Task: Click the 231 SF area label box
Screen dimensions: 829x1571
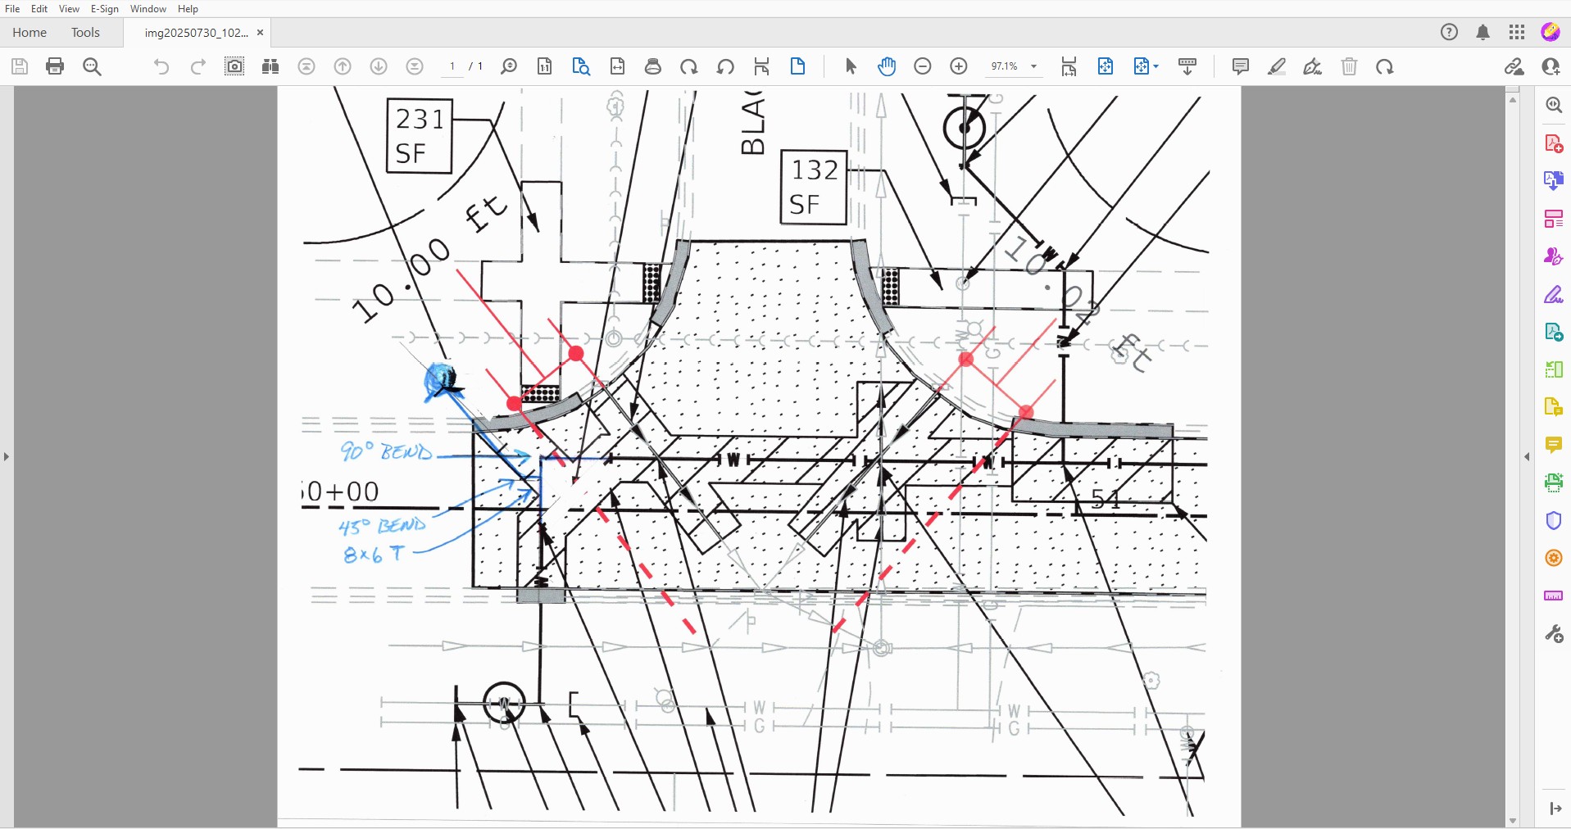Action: (419, 136)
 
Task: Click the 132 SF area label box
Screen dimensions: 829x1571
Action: (813, 187)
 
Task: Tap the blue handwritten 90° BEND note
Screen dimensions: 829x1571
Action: (386, 451)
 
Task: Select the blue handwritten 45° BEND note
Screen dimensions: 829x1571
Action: (383, 525)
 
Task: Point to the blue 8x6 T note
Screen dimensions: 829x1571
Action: (375, 555)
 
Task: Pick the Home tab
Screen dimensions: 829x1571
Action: (30, 33)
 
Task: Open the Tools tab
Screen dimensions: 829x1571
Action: (85, 33)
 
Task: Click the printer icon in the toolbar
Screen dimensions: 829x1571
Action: (55, 66)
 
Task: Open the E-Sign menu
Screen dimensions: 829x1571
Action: (104, 9)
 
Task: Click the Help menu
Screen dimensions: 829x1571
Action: (188, 9)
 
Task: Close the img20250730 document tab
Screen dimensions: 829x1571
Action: (261, 33)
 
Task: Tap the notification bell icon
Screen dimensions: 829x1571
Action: (1482, 33)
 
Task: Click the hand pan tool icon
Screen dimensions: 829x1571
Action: (886, 66)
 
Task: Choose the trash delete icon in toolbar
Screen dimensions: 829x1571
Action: (1349, 66)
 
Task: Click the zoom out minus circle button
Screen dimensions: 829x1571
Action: (923, 66)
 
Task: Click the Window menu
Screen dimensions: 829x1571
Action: (148, 9)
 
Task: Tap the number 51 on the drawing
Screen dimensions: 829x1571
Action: (1106, 498)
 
